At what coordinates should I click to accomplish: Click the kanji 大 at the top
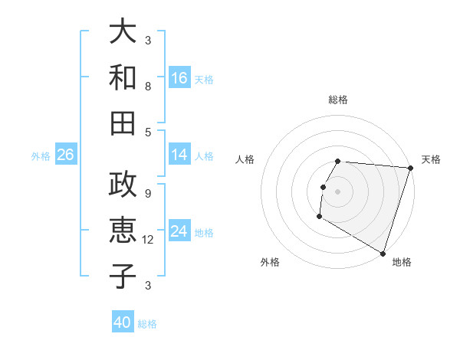123,31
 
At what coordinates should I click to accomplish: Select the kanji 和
123,77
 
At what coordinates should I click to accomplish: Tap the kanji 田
123,122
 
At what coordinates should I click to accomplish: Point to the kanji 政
123,185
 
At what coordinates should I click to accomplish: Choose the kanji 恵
123,230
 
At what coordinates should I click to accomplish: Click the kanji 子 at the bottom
123,275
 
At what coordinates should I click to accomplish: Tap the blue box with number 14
179,155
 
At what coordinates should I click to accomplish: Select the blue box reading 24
179,232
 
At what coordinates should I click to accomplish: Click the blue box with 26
65,155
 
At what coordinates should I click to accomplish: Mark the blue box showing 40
123,322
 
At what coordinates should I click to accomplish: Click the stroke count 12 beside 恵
149,241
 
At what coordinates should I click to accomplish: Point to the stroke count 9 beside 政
148,194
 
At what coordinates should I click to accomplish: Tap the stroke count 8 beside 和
148,87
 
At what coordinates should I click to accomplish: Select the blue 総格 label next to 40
147,324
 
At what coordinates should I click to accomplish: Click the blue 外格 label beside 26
41,156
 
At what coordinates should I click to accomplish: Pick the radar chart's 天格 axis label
431,159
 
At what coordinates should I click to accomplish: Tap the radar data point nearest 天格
410,168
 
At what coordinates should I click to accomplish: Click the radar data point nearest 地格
382,253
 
